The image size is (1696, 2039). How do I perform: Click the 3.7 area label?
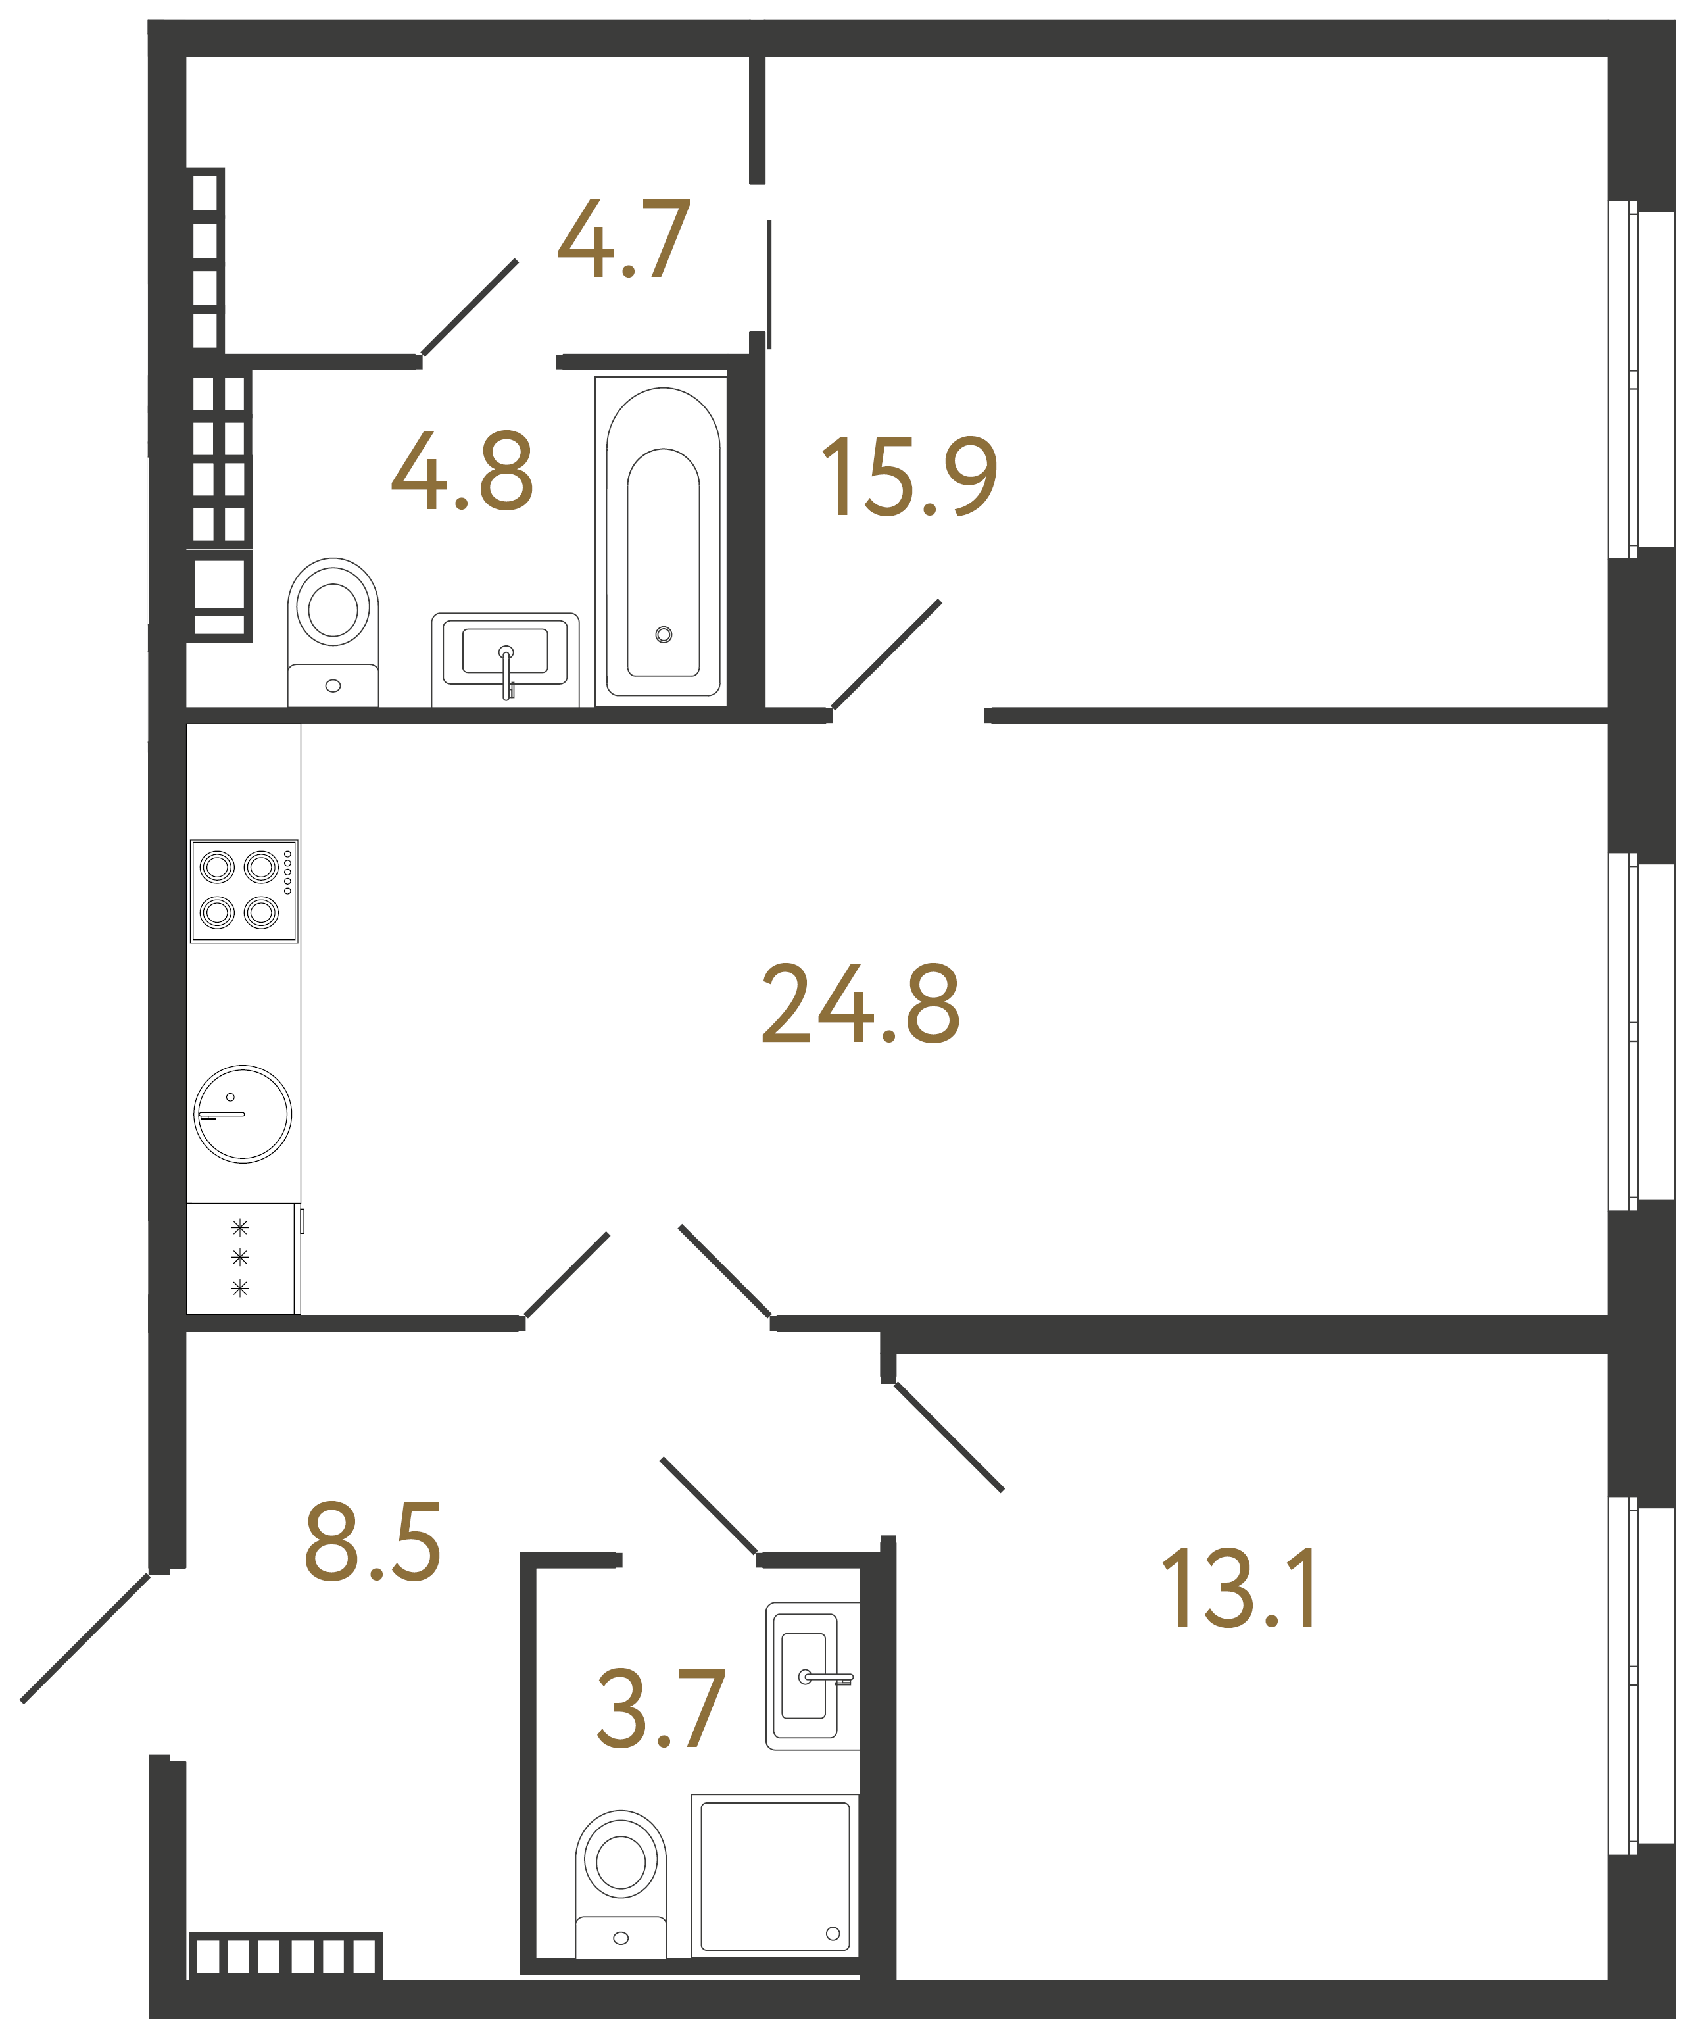click(x=661, y=1708)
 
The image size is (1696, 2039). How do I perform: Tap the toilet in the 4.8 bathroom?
click(x=333, y=631)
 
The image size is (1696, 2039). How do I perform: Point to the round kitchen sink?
click(x=243, y=1113)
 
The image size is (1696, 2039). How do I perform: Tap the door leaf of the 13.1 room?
click(x=948, y=1437)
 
